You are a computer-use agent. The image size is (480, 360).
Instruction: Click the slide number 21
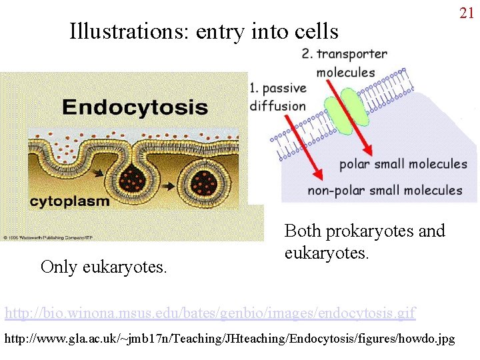coord(466,13)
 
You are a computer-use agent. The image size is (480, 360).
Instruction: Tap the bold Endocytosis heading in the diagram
coord(135,107)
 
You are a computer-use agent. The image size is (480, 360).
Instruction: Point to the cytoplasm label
coord(71,201)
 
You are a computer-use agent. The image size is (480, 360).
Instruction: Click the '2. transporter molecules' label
coord(344,63)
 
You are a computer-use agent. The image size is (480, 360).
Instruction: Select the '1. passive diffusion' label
coord(278,97)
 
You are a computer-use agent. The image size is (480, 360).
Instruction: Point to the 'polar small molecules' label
coord(403,164)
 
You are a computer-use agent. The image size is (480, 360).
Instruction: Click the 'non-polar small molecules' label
coord(385,191)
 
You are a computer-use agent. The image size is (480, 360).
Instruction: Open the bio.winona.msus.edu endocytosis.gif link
coord(210,312)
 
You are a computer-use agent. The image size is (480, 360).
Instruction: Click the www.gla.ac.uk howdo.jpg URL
coord(230,339)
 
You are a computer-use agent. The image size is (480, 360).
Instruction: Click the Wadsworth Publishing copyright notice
coord(40,237)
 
